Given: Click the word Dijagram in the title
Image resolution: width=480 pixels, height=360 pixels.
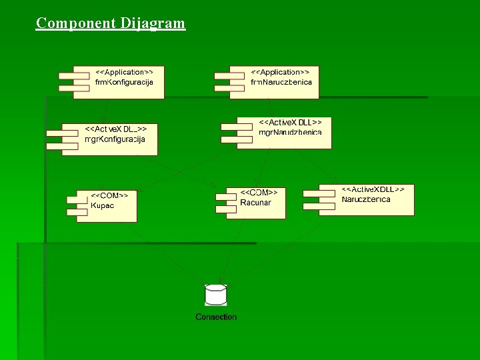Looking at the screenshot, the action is (153, 24).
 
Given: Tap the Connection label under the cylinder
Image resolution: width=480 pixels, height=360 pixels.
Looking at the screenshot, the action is (216, 317).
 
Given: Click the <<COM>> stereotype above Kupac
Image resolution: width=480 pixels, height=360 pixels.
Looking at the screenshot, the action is (109, 195).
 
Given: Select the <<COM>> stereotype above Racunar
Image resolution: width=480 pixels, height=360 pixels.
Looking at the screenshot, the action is (259, 192).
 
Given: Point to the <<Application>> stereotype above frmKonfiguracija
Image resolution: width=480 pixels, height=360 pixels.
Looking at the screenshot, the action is (124, 71).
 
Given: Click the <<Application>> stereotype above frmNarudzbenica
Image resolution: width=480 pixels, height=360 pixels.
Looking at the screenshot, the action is (280, 71).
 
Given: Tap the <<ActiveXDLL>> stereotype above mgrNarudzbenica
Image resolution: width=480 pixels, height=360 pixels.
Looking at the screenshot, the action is (290, 123).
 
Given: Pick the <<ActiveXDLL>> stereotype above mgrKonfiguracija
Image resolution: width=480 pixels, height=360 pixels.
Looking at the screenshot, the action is (115, 129).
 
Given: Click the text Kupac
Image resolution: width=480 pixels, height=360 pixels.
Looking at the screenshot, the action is (103, 205).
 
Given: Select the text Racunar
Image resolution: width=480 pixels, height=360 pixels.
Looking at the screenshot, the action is (255, 202).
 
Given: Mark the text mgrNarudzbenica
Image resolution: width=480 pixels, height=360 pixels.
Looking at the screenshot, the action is (290, 133).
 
